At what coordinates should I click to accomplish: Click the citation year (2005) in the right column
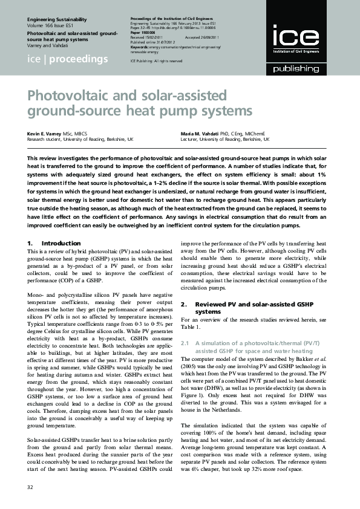pyautogui.click(x=189, y=366)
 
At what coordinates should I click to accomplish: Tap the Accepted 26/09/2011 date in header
pyautogui.click(x=210, y=37)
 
